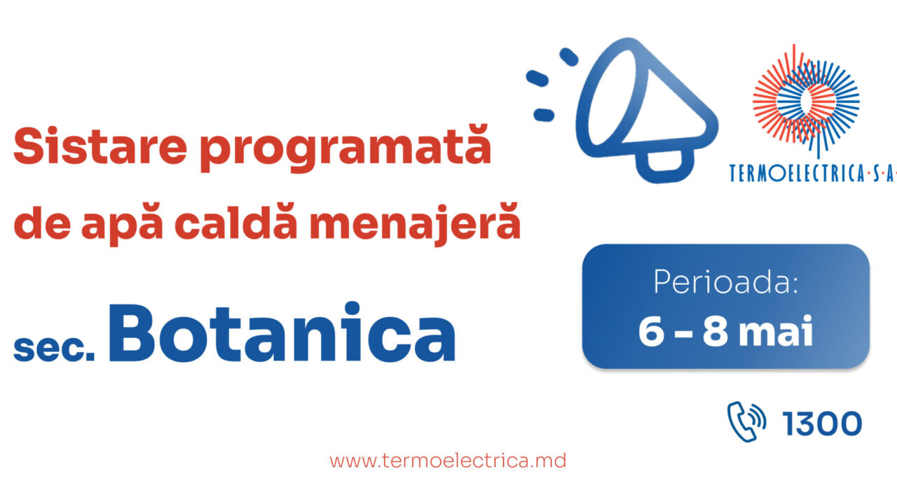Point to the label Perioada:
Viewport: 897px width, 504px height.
(726, 281)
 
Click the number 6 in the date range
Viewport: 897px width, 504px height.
(650, 332)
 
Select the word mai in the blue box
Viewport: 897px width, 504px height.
(778, 332)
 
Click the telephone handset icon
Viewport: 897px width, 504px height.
(746, 421)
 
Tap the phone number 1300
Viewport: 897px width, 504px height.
(822, 423)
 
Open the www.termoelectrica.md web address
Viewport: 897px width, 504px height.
(448, 461)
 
